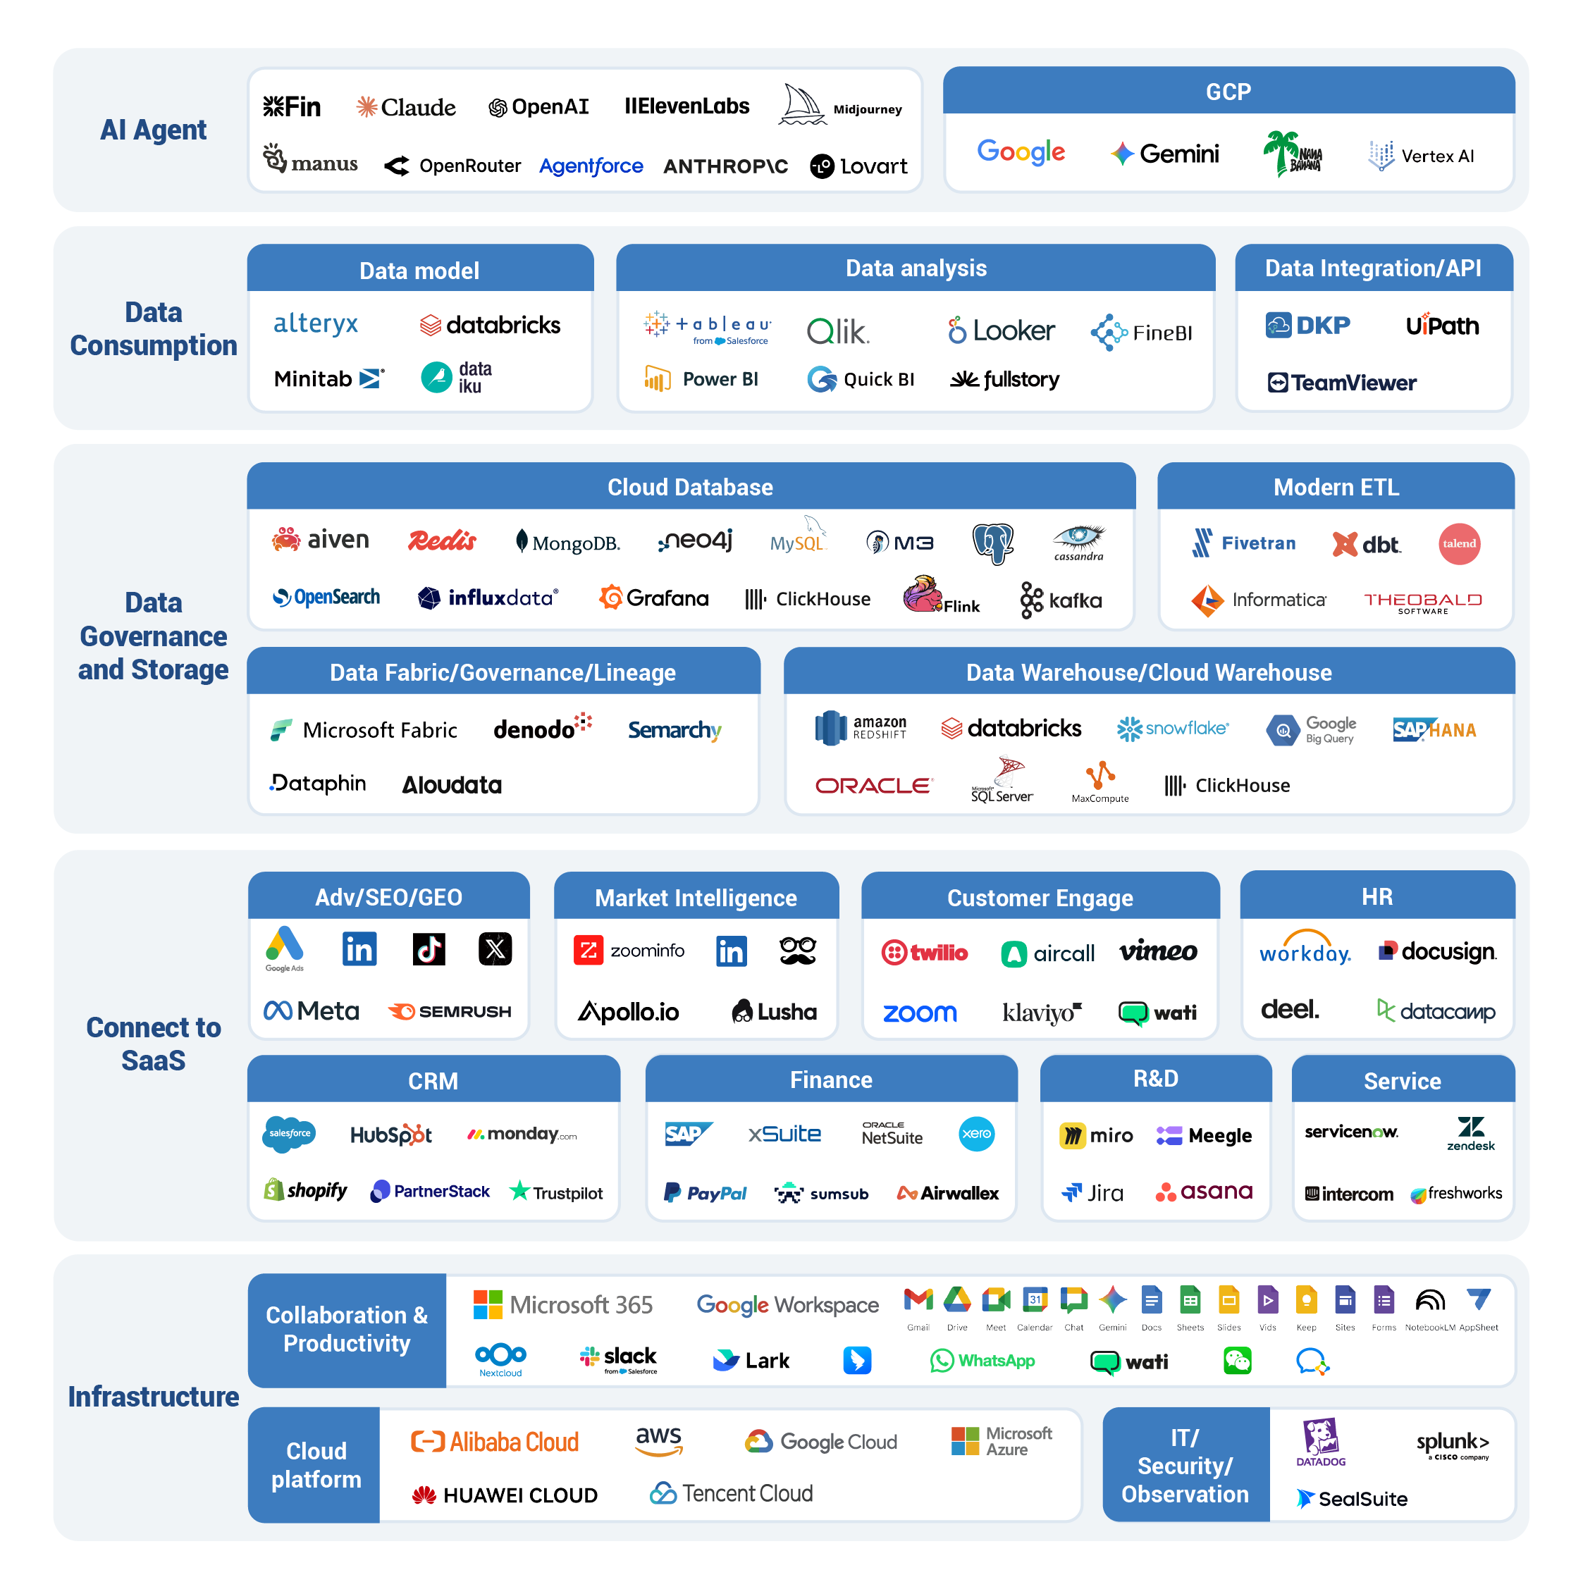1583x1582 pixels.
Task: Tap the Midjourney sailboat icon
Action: pyautogui.click(x=801, y=105)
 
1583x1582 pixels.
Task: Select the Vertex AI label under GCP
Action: pyautogui.click(x=1422, y=156)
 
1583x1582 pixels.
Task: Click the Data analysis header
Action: pyautogui.click(x=916, y=268)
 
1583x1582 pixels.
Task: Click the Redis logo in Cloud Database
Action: pyautogui.click(x=442, y=540)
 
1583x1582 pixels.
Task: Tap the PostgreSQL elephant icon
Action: pyautogui.click(x=992, y=543)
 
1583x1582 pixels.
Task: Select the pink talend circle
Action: pyautogui.click(x=1458, y=543)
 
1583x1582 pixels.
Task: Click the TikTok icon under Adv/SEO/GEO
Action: pyautogui.click(x=429, y=949)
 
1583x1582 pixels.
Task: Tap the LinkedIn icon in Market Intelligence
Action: pyautogui.click(x=731, y=951)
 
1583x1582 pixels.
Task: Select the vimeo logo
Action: pyautogui.click(x=1158, y=951)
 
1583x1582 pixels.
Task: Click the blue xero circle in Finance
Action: pyautogui.click(x=976, y=1134)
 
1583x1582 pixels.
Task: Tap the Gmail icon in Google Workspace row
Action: pyautogui.click(x=918, y=1299)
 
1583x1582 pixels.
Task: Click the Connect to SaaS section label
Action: pyautogui.click(x=153, y=1044)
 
